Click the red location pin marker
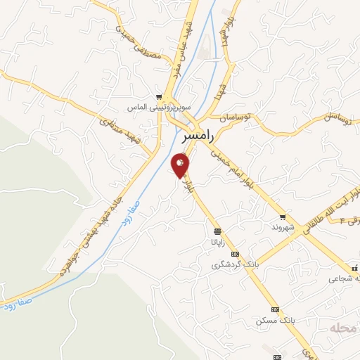[180, 166]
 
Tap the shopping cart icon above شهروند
[283, 217]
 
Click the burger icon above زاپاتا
[217, 231]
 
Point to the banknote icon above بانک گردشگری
[235, 255]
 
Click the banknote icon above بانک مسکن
[275, 309]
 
